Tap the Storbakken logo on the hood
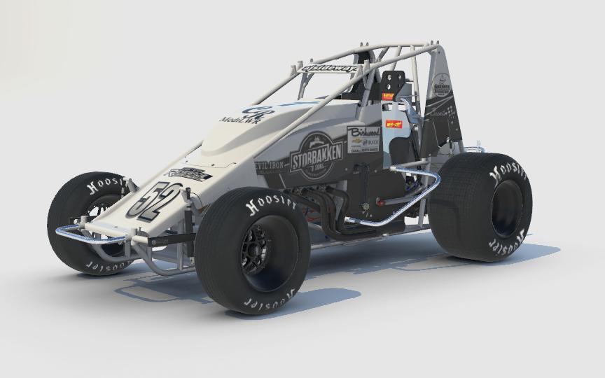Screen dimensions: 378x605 click(x=317, y=155)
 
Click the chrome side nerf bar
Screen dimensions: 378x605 click(x=399, y=203)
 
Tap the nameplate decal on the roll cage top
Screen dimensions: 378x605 click(x=330, y=68)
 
